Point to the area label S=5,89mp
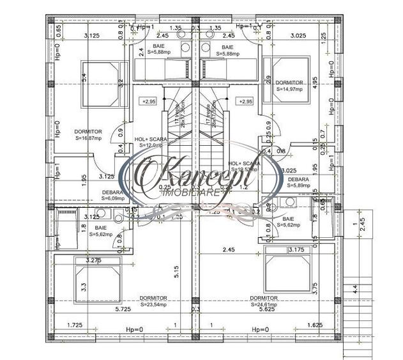(x=298, y=187)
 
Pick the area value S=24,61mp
(x=264, y=304)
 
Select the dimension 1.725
(x=76, y=325)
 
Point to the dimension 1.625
(x=315, y=325)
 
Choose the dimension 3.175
(x=296, y=250)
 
